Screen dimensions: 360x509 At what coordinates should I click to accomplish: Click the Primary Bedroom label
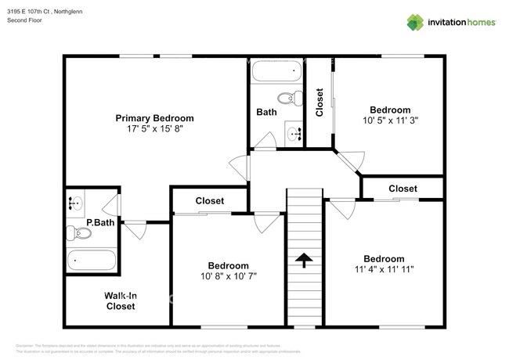coord(154,118)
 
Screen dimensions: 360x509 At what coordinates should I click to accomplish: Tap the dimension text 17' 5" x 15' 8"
coord(154,129)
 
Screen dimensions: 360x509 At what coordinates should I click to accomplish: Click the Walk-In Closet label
coord(120,301)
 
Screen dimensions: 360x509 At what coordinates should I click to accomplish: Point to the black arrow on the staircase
coord(304,259)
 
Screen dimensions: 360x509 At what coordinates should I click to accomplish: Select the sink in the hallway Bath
coord(294,134)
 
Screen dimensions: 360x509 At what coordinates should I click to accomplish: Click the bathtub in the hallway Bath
coord(276,73)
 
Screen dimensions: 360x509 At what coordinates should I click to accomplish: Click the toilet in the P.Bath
coord(77,232)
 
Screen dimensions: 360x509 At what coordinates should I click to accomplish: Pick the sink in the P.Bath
coord(76,203)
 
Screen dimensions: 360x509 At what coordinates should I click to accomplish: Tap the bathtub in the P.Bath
coord(92,259)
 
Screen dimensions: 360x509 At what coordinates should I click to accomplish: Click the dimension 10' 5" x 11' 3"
coord(389,121)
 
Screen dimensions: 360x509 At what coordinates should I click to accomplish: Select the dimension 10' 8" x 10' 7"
coord(228,276)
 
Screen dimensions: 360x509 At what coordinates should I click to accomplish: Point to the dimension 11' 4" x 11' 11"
coord(383,269)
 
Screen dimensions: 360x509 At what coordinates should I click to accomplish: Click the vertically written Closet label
coord(319,102)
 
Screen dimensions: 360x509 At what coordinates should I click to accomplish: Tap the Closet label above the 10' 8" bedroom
coord(210,200)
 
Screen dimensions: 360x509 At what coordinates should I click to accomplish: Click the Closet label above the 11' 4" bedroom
coord(403,189)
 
